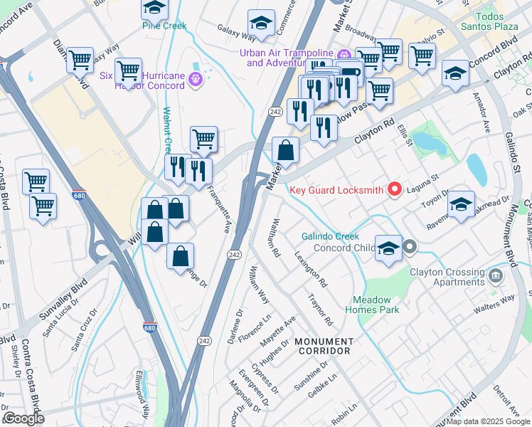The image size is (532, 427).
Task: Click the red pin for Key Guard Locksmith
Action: coord(393,189)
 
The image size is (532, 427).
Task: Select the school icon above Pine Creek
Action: coord(154,9)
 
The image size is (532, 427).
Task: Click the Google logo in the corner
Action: coord(23,418)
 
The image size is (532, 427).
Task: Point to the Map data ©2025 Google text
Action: coord(488,421)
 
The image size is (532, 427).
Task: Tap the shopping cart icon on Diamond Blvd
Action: coord(80,59)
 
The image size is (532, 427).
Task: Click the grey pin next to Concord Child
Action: coord(410,248)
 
